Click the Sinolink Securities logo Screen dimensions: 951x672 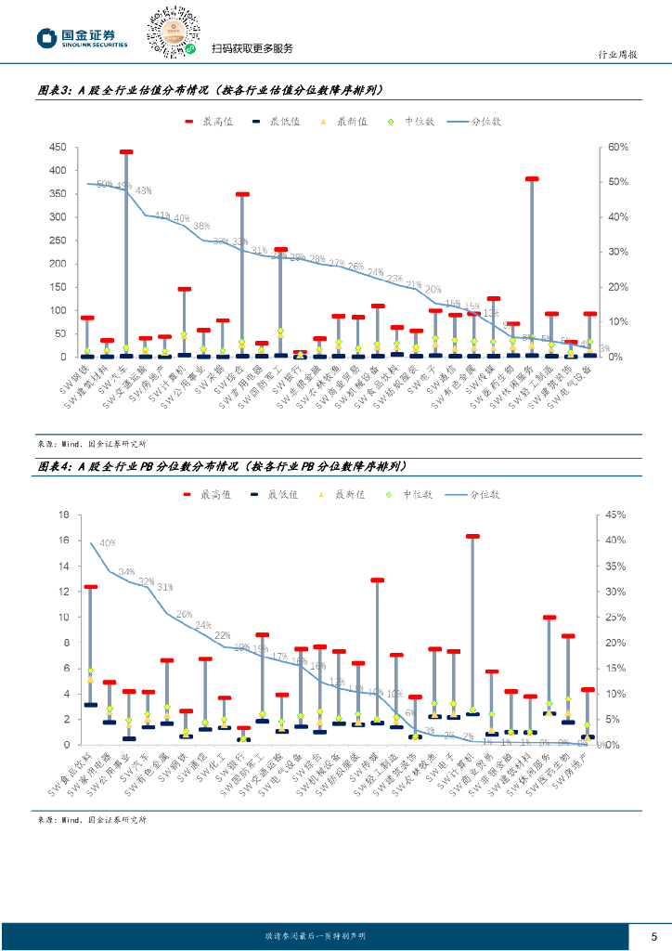83,37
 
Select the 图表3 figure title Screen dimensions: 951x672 209,90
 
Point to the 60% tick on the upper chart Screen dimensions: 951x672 619,148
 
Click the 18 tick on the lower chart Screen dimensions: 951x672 64,515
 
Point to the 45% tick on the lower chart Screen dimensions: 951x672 617,515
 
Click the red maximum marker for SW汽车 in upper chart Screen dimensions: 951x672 126,151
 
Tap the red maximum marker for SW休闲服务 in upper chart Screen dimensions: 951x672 532,178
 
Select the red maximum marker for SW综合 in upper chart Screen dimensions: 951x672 242,194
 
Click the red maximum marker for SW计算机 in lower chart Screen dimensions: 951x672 472,536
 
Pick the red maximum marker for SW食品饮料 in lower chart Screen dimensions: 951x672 90,587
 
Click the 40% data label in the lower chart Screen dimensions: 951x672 107,542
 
